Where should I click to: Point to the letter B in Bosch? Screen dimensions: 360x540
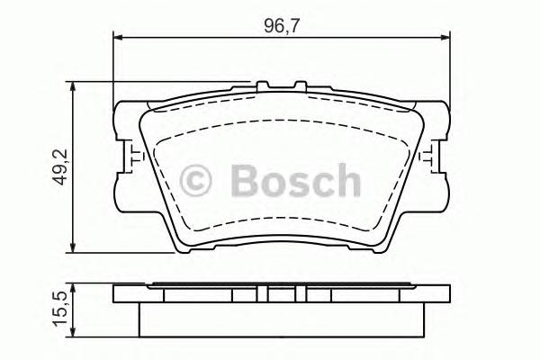click(x=246, y=181)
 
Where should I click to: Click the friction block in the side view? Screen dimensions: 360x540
click(x=281, y=318)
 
